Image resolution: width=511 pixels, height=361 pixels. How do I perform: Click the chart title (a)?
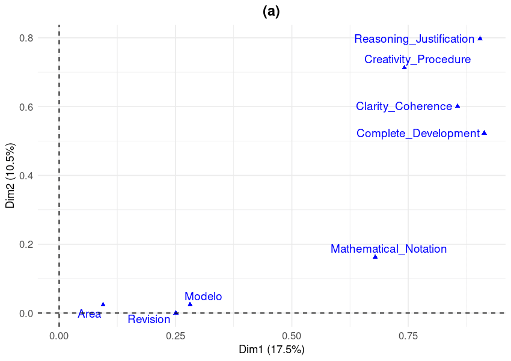point(271,11)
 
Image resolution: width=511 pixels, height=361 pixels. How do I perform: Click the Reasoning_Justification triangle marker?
point(480,38)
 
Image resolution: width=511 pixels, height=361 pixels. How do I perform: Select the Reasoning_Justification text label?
point(414,39)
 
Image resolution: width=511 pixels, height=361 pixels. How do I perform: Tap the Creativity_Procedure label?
point(417,60)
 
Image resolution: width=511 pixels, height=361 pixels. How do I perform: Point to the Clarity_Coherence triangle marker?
point(457,106)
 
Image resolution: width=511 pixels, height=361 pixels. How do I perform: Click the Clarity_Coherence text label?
point(404,106)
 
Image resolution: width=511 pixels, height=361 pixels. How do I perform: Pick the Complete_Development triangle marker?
point(484,132)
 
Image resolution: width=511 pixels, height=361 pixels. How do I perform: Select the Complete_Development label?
point(418,134)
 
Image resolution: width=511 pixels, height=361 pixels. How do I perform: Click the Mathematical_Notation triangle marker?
point(375,257)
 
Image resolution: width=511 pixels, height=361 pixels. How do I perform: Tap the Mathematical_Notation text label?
point(388,249)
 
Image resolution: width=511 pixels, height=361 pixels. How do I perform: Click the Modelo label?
point(203,297)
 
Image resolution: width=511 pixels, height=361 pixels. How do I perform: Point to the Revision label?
point(149,319)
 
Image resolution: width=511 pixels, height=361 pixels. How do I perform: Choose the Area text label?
point(90,314)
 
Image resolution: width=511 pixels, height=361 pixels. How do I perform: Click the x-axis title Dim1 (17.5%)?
point(272,349)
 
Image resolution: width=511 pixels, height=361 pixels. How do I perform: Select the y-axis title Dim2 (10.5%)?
point(10,176)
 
